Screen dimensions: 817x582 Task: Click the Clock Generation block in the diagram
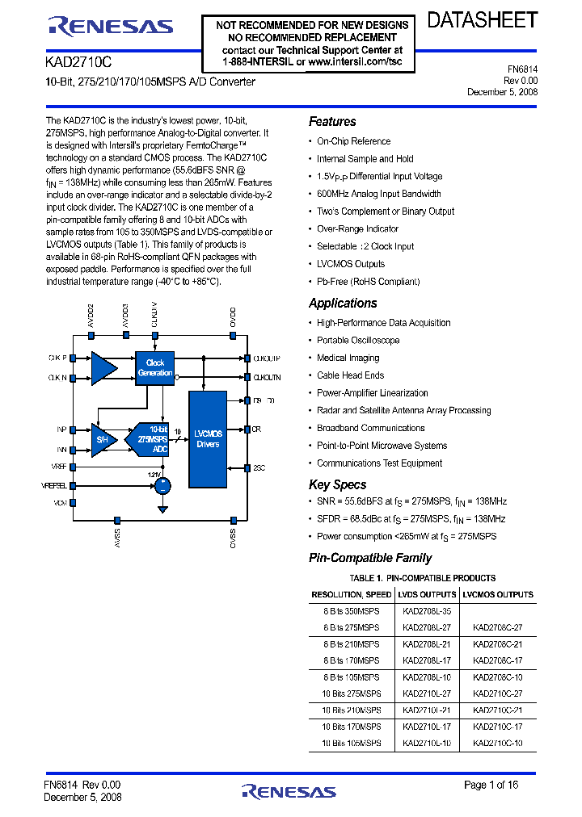154,367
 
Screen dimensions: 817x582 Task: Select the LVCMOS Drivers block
208,439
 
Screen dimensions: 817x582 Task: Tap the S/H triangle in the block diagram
103,439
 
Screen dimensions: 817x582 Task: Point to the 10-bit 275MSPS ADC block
153,439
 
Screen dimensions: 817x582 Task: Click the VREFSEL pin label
54,485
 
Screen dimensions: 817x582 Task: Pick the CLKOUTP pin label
267,358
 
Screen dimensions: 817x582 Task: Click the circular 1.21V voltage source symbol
163,485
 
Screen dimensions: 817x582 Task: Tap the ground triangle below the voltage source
163,509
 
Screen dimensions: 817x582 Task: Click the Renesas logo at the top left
111,27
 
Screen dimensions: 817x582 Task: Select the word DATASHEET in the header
483,20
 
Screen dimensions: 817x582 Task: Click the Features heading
332,122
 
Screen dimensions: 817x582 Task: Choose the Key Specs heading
338,484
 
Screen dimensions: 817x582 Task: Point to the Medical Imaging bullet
348,358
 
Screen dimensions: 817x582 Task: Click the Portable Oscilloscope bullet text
358,340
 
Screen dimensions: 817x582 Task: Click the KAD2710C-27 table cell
497,693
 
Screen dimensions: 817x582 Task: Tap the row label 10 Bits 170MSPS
351,727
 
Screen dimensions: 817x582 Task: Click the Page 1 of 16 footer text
491,785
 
